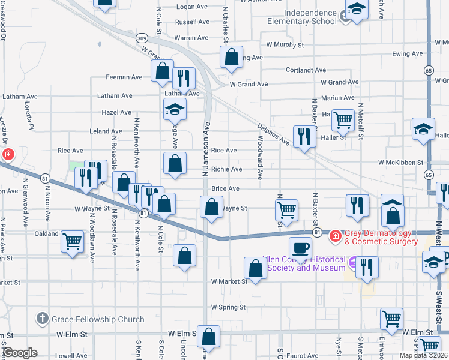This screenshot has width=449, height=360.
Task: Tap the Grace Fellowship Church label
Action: pos(98,319)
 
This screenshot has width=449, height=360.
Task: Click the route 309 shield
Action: pos(142,38)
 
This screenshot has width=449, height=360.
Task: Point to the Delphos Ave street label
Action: pos(274,135)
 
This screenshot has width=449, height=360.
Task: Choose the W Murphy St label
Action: pos(285,44)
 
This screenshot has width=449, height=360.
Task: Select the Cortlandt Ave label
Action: pos(306,70)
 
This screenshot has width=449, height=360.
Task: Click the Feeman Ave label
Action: pos(124,77)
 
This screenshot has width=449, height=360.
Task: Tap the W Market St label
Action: pos(229,281)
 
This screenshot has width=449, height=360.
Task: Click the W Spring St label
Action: pos(228,307)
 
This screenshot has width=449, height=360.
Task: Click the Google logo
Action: pos(19,352)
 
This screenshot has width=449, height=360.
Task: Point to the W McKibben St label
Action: pos(400,162)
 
